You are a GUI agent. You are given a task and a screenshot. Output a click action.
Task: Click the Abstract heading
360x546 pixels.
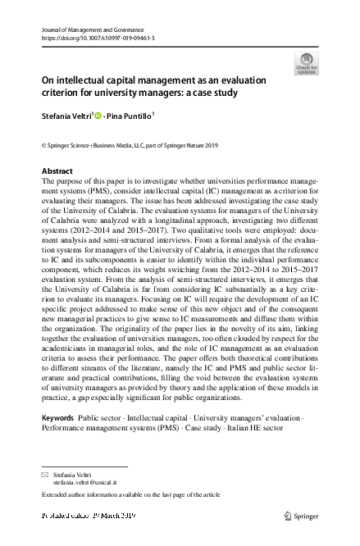[x=57, y=171]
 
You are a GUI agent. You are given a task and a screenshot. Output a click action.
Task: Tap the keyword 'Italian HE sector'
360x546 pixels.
[x=249, y=428]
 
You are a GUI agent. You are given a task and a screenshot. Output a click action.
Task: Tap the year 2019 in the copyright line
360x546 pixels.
[x=208, y=146]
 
